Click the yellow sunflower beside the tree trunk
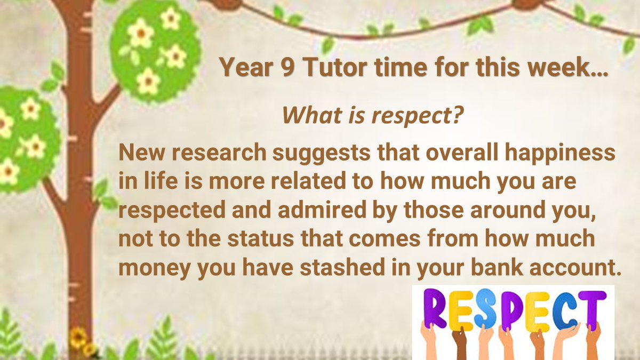tap(78, 337)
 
